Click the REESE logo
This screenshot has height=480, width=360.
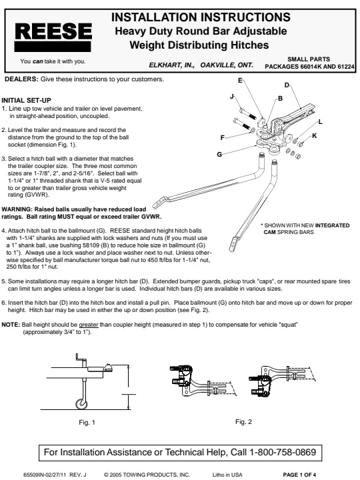53,37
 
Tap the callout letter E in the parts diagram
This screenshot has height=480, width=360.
240,81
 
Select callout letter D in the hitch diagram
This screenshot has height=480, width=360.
287,85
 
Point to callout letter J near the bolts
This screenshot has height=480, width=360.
232,97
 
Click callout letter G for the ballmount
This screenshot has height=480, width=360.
219,154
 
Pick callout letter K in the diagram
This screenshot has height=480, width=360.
315,135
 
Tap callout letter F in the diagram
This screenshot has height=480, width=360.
223,138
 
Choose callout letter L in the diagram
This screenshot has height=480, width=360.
321,122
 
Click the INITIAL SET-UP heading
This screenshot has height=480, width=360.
26,101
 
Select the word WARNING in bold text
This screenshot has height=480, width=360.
17,209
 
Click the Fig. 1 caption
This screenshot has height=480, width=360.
87,423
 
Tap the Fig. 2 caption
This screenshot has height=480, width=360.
244,422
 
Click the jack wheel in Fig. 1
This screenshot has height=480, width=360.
81,403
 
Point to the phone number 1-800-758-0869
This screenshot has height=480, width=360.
283,452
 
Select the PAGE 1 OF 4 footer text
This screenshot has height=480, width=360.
299,475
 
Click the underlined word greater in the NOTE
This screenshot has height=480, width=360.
89,325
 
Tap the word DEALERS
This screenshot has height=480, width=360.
21,79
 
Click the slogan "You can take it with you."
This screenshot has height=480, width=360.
53,61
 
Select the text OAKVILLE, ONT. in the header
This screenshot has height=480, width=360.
227,65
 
